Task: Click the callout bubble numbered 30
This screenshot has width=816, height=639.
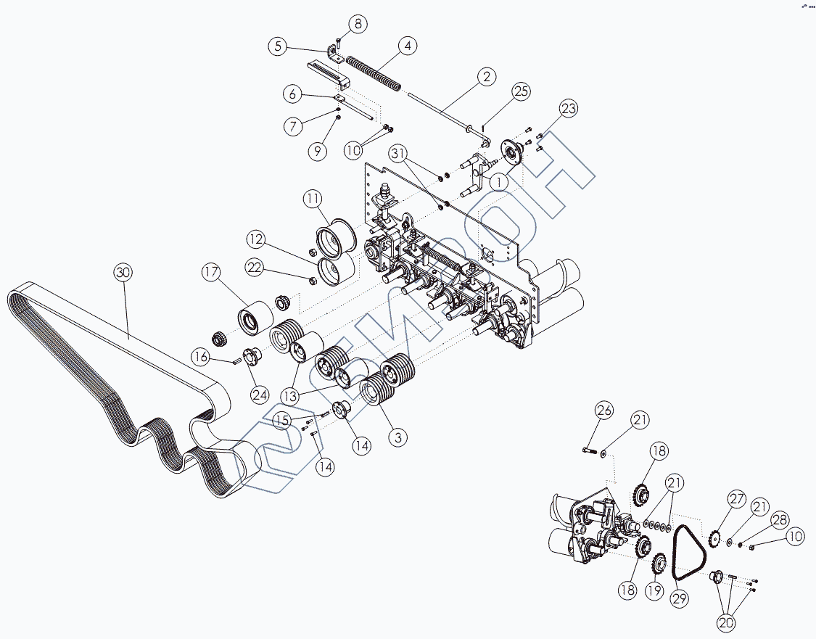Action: click(x=123, y=273)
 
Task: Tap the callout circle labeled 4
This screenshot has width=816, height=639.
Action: click(x=408, y=46)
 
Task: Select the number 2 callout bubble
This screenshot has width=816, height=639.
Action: click(x=486, y=77)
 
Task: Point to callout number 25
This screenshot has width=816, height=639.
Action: click(x=521, y=91)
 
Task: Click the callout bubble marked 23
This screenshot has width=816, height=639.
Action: click(x=569, y=109)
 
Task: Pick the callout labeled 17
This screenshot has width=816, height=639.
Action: click(x=211, y=273)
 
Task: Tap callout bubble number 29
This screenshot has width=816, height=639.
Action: click(x=679, y=599)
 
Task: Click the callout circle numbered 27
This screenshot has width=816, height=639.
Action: click(x=737, y=499)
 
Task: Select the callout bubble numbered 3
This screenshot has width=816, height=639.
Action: click(x=397, y=437)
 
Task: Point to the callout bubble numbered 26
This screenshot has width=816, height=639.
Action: click(x=604, y=411)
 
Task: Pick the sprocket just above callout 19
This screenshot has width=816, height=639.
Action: click(x=659, y=562)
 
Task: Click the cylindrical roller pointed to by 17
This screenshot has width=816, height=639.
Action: click(x=249, y=319)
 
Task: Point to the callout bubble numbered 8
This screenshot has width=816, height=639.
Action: click(x=357, y=24)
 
